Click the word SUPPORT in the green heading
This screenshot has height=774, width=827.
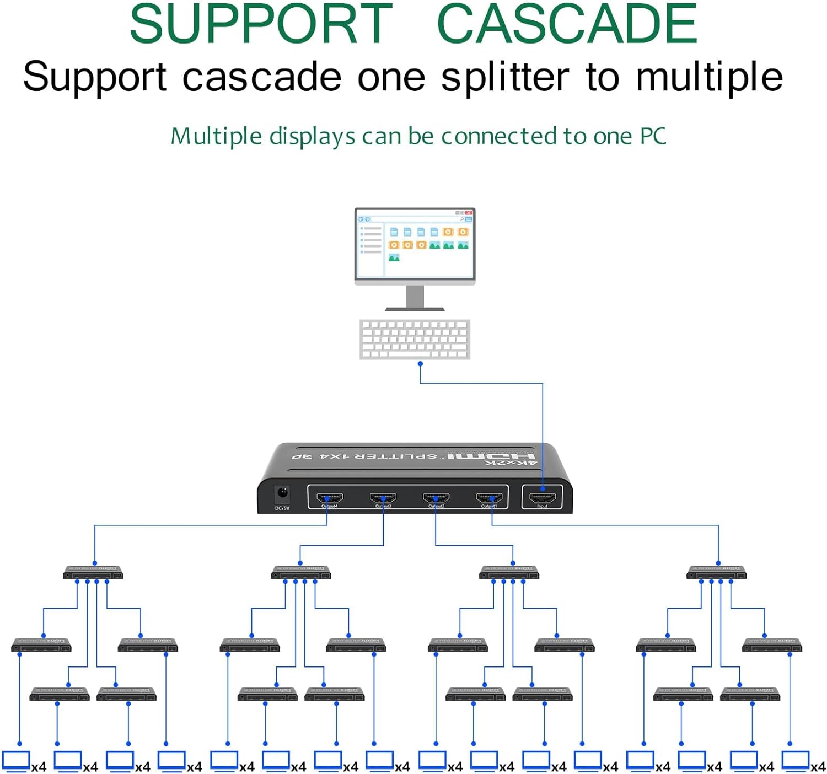pyautogui.click(x=260, y=24)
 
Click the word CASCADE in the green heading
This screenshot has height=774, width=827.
pyautogui.click(x=567, y=24)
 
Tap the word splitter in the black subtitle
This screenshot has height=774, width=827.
pyautogui.click(x=504, y=77)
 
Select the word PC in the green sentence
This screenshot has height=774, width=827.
pyautogui.click(x=653, y=136)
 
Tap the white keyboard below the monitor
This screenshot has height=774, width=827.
pyautogui.click(x=415, y=339)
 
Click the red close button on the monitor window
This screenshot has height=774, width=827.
pyautogui.click(x=469, y=213)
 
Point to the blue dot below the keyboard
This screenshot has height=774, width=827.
pyautogui.click(x=420, y=364)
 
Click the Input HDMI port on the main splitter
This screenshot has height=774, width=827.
pyautogui.click(x=542, y=497)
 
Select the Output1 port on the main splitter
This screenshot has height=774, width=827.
pyautogui.click(x=489, y=497)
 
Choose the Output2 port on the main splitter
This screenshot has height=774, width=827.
pyautogui.click(x=436, y=497)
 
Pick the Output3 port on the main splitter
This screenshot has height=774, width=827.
pyautogui.click(x=383, y=497)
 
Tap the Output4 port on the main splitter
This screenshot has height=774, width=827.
pyautogui.click(x=330, y=497)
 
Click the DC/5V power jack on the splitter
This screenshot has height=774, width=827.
pyautogui.click(x=282, y=492)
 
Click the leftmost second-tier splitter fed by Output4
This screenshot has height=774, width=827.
pyautogui.click(x=93, y=572)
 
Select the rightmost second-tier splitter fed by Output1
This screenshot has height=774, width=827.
pyautogui.click(x=716, y=572)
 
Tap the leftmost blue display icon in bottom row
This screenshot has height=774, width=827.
pyautogui.click(x=16, y=761)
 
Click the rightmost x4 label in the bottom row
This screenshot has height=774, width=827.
pyautogui.click(x=817, y=767)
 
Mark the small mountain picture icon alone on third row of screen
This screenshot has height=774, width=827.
pyautogui.click(x=394, y=257)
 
